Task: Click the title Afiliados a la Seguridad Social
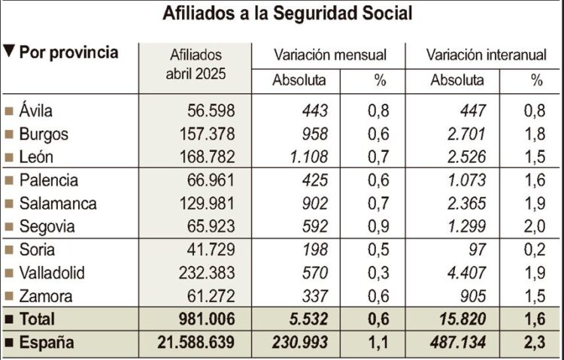282,14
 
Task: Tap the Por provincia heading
68,53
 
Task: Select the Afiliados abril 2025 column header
196,65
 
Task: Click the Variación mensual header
330,55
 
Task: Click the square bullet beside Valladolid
9,273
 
